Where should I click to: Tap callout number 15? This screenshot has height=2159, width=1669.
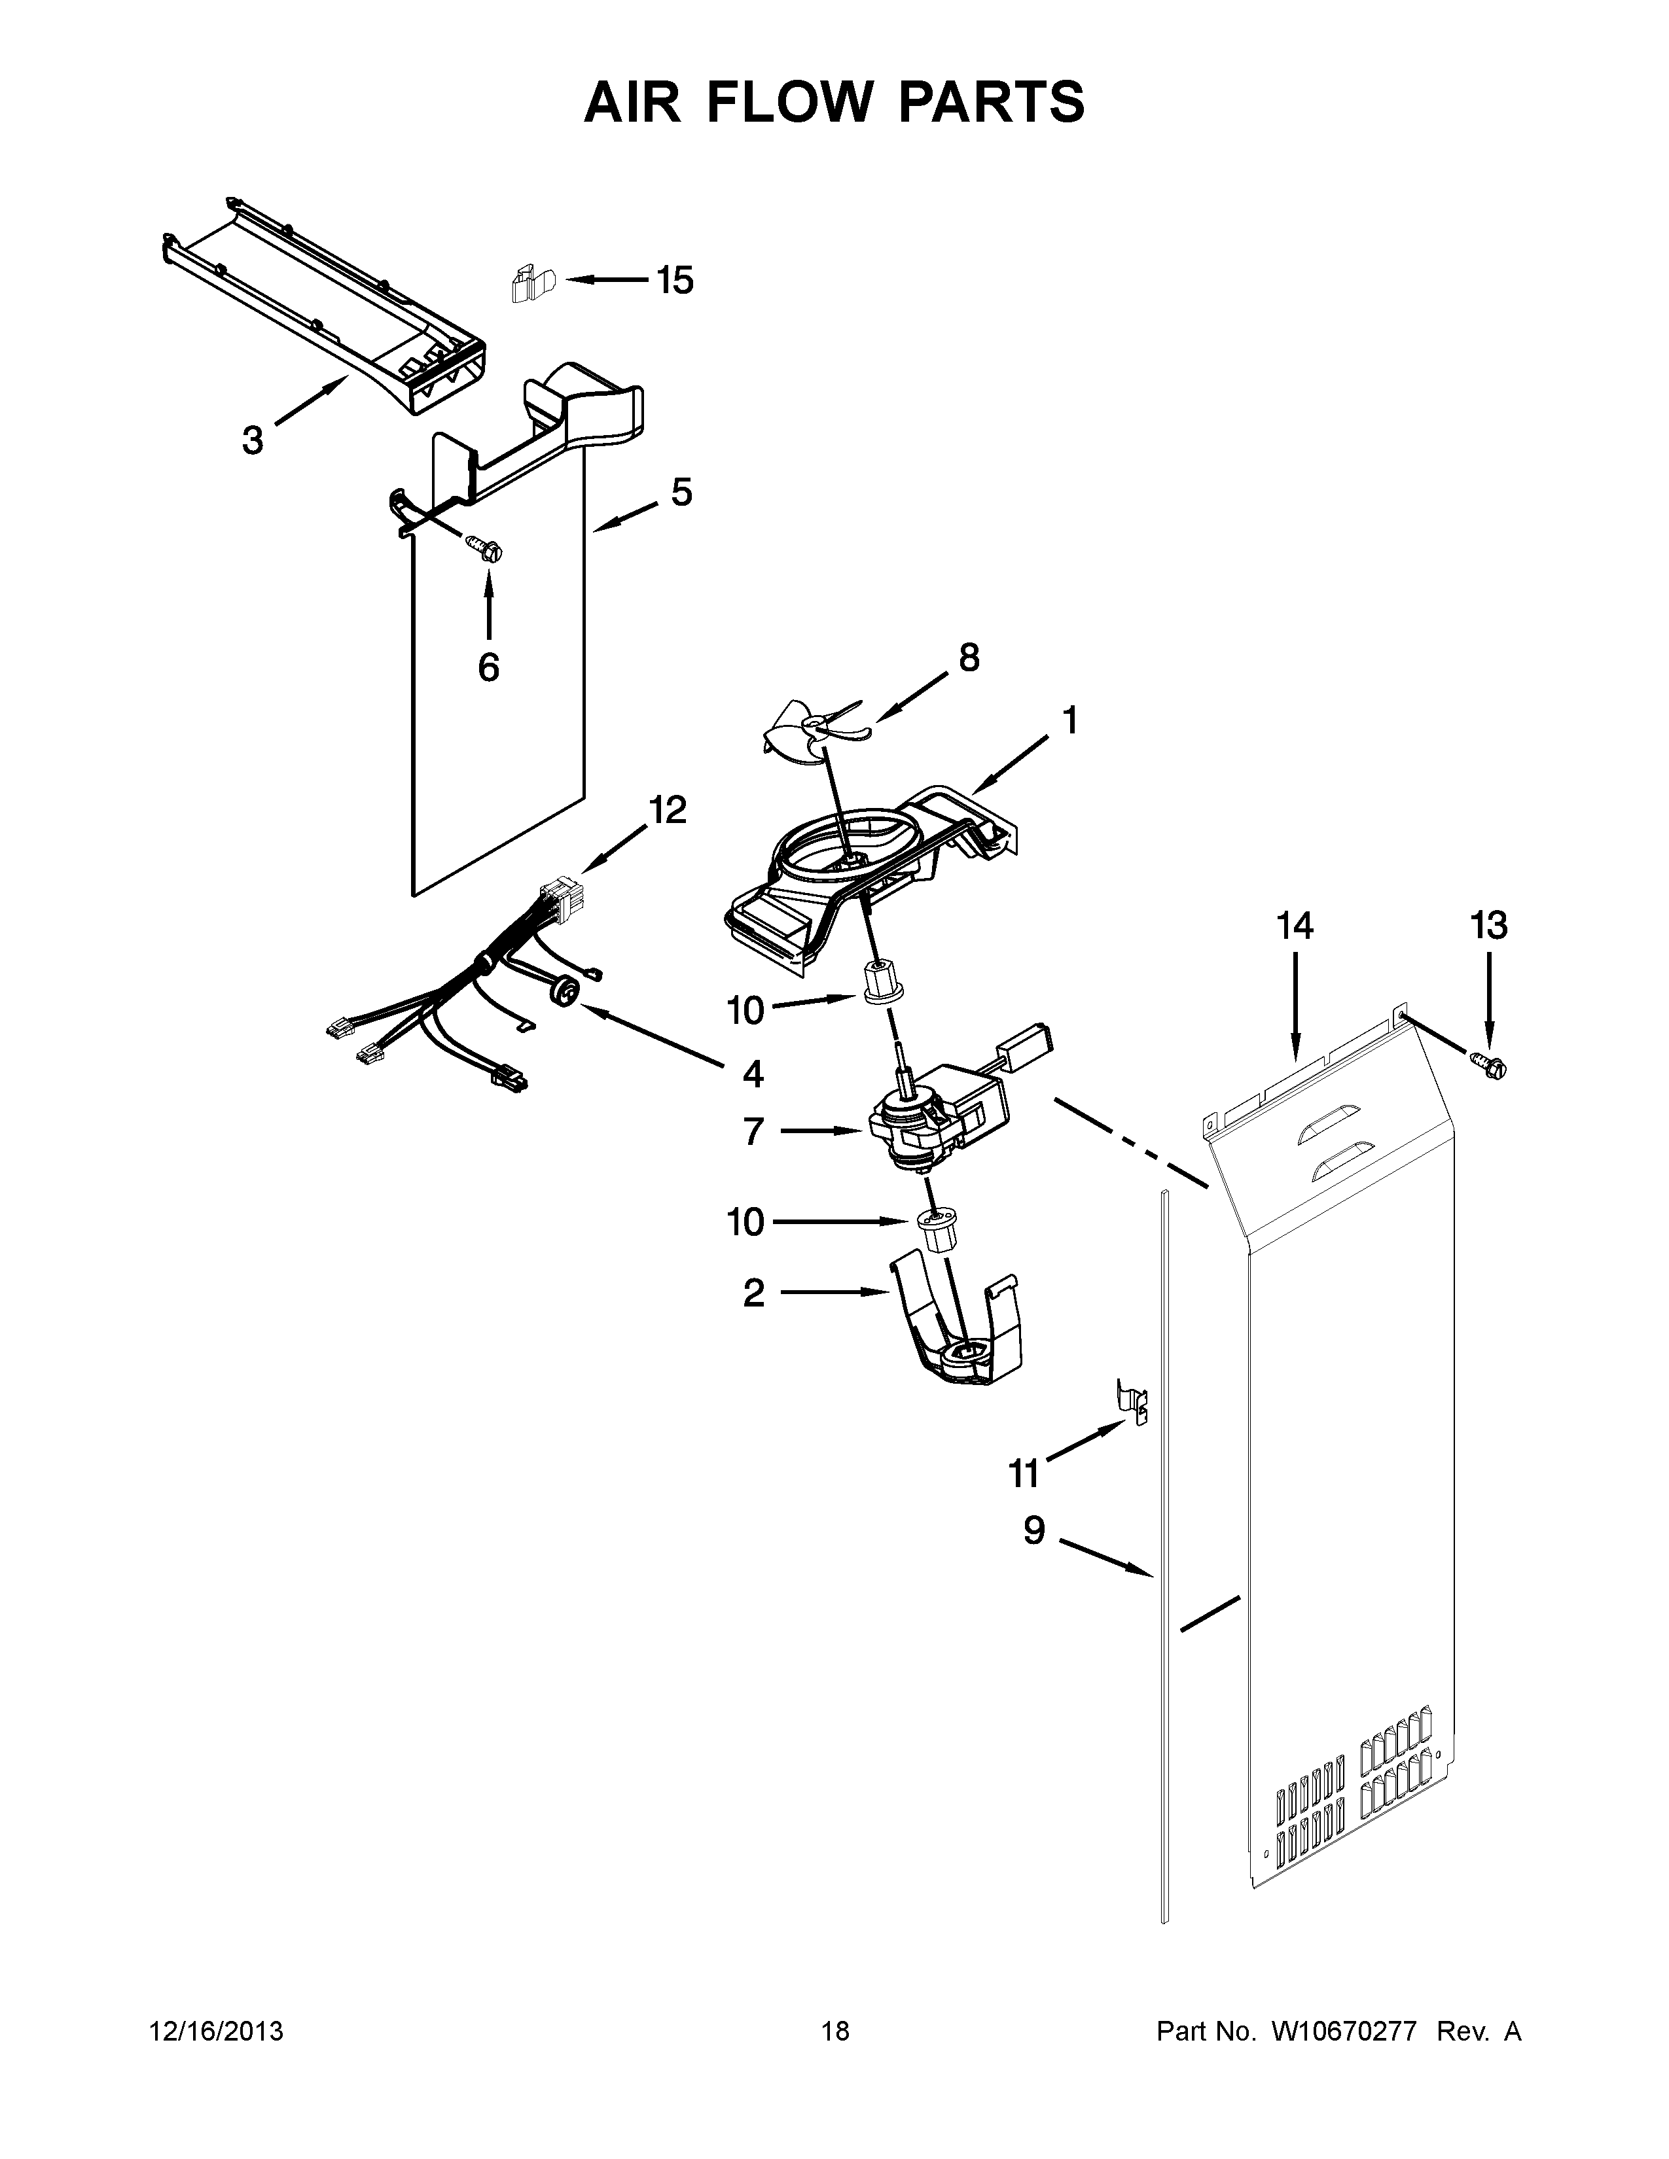coord(675,282)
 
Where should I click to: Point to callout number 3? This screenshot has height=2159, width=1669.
coord(253,440)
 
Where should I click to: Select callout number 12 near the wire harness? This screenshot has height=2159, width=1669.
coord(668,811)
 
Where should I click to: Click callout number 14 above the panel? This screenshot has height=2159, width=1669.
coord(1294,926)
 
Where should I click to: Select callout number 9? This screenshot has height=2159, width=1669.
coord(1033,1532)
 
